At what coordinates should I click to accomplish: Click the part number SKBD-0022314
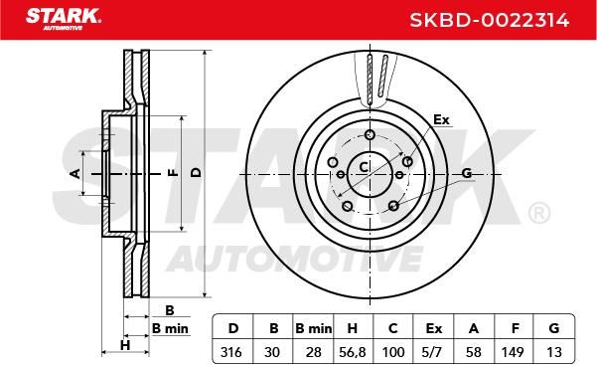[490, 20]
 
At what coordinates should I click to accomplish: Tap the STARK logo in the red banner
[64, 19]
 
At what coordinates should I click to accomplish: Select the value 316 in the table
[231, 352]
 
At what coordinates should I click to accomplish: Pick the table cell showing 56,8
[353, 352]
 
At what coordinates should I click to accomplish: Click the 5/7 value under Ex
[432, 352]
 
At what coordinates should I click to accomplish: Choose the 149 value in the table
[513, 352]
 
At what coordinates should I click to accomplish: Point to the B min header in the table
[313, 328]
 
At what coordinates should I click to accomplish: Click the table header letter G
[554, 328]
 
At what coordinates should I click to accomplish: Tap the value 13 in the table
[554, 352]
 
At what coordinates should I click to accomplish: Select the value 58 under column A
[473, 352]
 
